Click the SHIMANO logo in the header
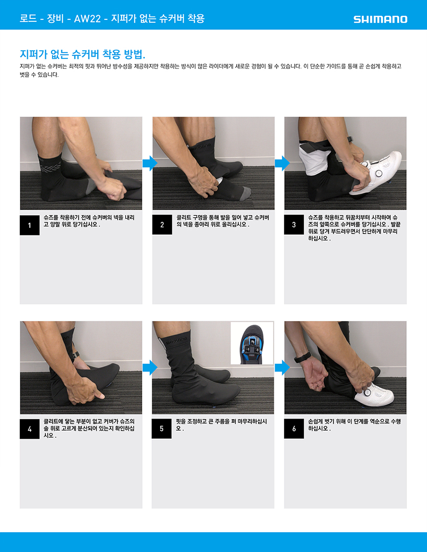click(x=380, y=19)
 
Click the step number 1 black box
click(x=29, y=225)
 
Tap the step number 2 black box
click(x=162, y=225)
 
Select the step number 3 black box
click(x=294, y=225)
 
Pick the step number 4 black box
click(x=29, y=429)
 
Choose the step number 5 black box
click(x=162, y=428)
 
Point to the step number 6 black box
click(x=294, y=428)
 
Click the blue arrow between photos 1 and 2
click(x=150, y=163)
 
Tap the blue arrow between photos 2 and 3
click(x=282, y=163)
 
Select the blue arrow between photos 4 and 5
click(x=150, y=368)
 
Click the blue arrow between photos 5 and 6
click(x=282, y=368)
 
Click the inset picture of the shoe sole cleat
click(x=252, y=343)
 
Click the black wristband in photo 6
click(x=302, y=358)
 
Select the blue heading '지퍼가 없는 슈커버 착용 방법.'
click(x=83, y=54)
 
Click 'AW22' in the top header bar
click(x=87, y=18)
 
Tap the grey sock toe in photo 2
click(x=245, y=193)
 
